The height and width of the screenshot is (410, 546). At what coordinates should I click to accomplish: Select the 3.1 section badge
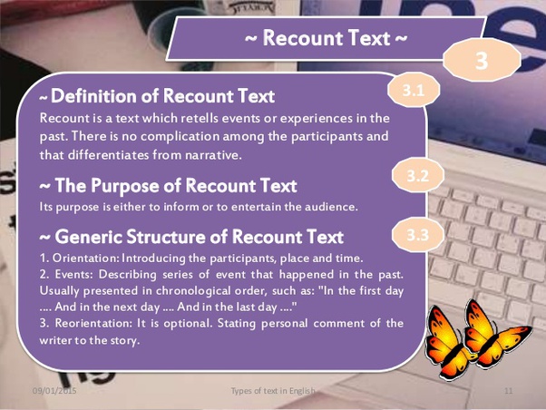(413, 91)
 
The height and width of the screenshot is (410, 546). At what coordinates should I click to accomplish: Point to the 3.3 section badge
(417, 236)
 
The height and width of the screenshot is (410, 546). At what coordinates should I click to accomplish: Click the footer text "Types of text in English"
(272, 391)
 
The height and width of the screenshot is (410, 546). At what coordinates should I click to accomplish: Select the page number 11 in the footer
(509, 391)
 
